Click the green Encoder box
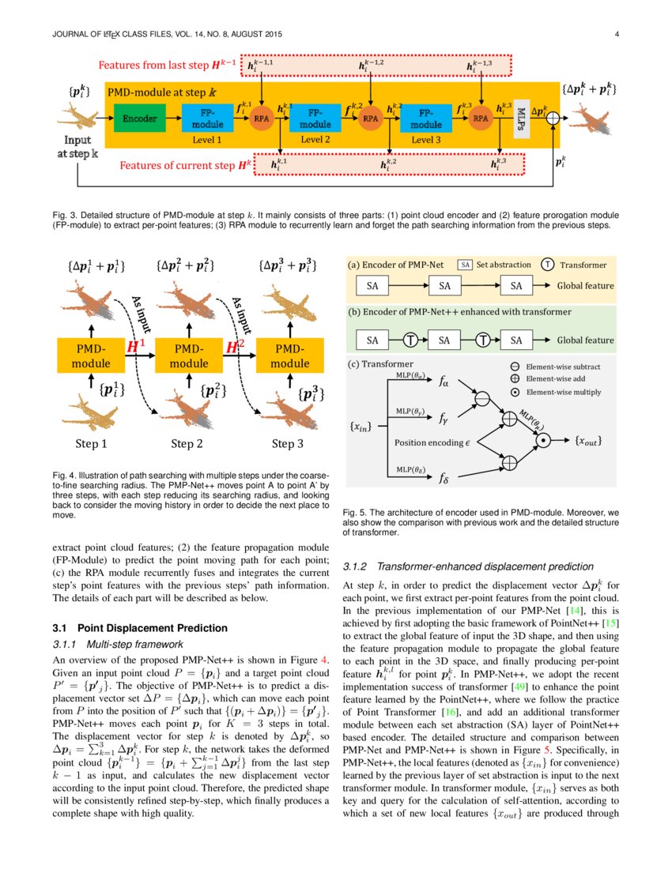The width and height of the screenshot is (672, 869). (138, 118)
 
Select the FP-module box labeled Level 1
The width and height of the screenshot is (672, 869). (207, 118)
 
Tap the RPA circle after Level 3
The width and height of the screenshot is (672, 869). (479, 118)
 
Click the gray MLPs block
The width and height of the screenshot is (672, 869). (520, 118)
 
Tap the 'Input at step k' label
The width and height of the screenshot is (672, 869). (77, 147)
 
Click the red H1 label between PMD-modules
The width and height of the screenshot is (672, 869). (136, 346)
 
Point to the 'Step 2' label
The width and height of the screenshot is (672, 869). (187, 443)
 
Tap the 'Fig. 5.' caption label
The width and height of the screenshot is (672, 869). (354, 512)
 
